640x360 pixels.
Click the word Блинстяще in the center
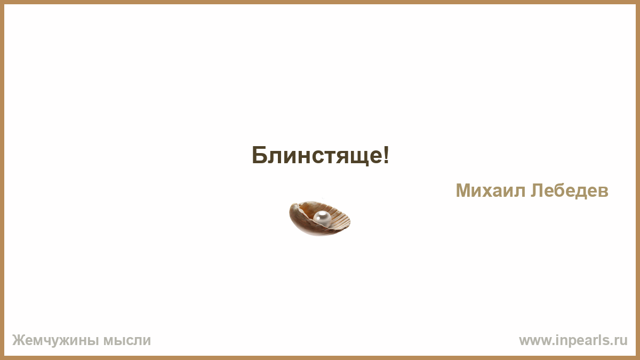317,155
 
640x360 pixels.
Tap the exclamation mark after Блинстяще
386,155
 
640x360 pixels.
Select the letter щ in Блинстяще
357,157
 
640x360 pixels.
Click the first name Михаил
490,190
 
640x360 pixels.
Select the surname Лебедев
570,191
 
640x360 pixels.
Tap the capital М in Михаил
463,190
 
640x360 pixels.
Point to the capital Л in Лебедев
537,190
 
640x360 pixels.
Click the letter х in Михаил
489,193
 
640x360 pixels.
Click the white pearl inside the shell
322,218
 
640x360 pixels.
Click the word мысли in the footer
127,341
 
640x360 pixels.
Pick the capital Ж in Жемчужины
19,340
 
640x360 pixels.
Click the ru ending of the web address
619,341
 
